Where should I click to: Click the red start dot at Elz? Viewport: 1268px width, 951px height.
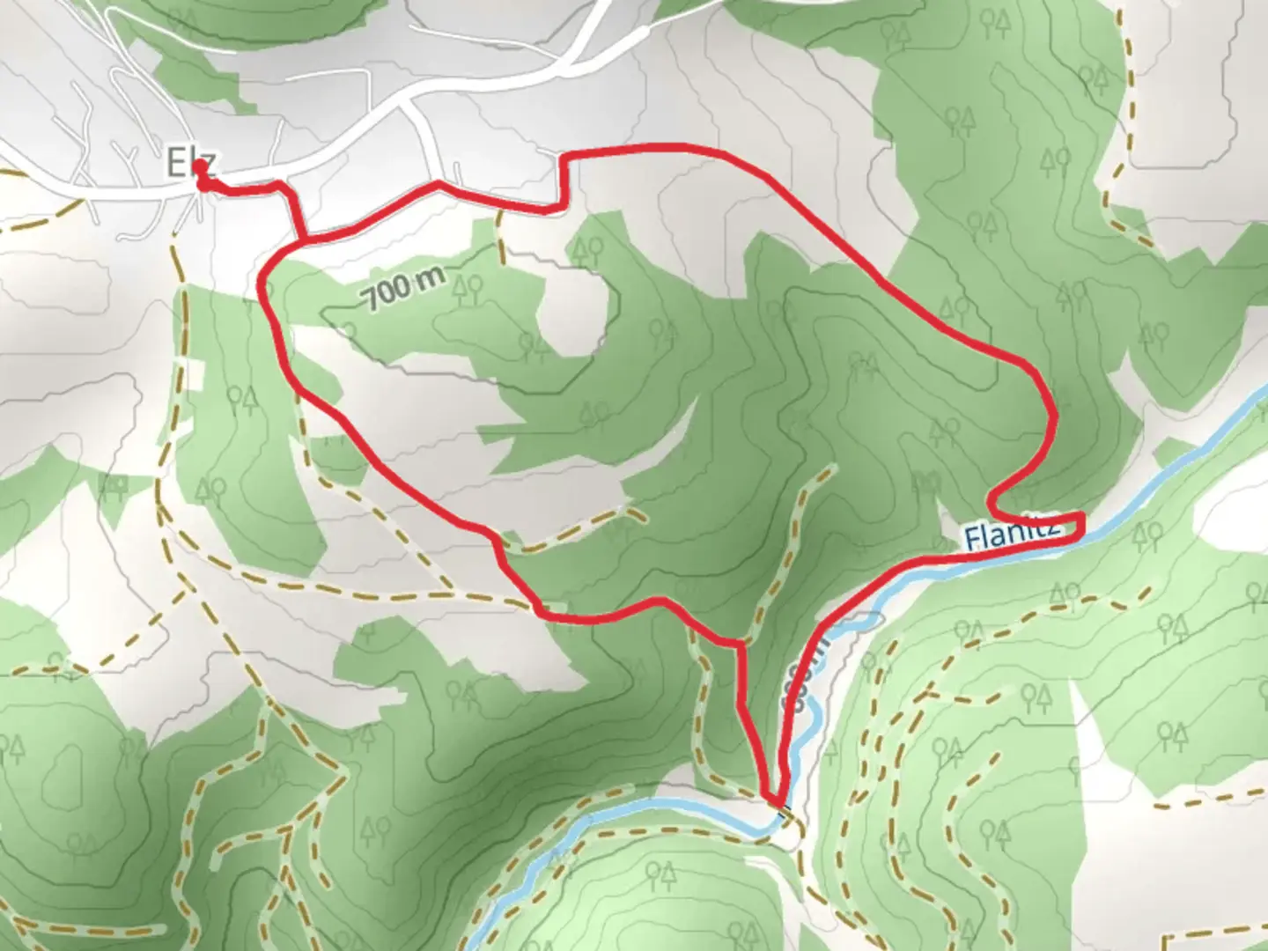click(x=202, y=166)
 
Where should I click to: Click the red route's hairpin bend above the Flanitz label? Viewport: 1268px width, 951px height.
click(x=993, y=506)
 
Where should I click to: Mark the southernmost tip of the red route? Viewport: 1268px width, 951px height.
click(x=775, y=801)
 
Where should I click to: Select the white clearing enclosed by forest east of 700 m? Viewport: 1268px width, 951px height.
click(x=573, y=308)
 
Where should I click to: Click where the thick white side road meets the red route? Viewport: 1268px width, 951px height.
click(x=439, y=184)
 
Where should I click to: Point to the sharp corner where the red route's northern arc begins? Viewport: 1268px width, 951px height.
click(x=564, y=158)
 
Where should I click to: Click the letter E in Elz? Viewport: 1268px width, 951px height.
click(x=176, y=163)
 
